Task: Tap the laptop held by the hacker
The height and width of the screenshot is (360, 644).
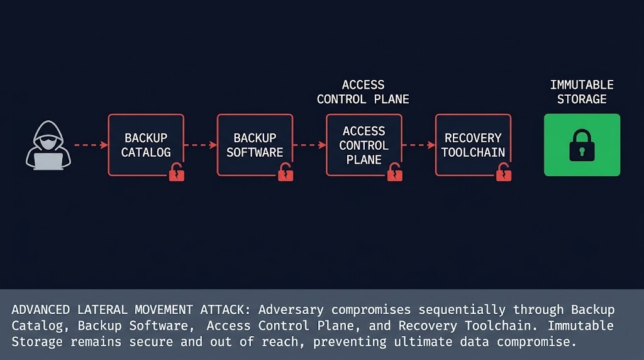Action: coord(48,161)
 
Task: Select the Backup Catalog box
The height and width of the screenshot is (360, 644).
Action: coord(145,145)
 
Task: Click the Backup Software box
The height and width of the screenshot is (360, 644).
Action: coord(255,145)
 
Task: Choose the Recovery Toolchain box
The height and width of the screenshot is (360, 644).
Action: coord(473,145)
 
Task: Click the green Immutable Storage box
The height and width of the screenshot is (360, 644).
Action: coord(582,145)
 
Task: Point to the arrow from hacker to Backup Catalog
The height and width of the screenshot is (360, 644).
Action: coord(91,145)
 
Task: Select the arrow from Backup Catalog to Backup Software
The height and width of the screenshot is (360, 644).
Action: coord(200,145)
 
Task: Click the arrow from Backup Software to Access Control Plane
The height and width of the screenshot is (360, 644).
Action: coord(309,145)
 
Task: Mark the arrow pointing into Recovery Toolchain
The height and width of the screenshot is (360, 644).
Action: coord(418,145)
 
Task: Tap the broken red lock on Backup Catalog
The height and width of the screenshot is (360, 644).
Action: coord(177,172)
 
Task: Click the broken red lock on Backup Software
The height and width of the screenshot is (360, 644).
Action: coord(286,172)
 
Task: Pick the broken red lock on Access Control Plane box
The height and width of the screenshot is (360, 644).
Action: coord(395,172)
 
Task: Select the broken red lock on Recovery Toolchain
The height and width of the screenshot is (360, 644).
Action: coord(504,172)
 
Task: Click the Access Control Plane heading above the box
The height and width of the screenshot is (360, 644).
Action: coord(363,92)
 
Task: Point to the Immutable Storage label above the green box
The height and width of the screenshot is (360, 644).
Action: coord(582,92)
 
